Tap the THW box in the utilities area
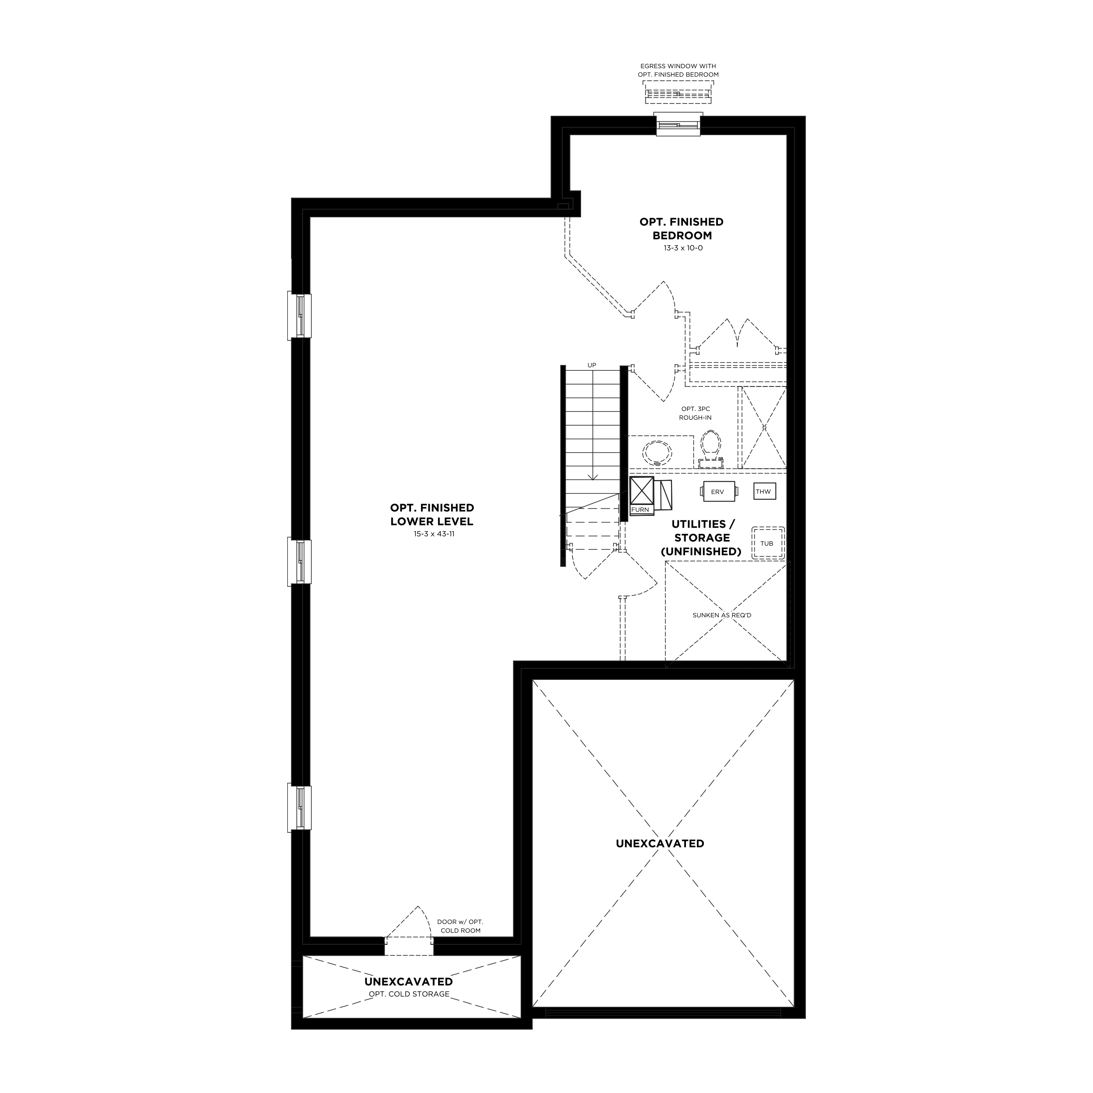[x=764, y=491]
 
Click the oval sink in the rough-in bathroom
[x=658, y=453]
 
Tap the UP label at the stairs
[x=592, y=365]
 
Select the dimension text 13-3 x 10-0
[x=683, y=248]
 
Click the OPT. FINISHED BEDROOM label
[x=682, y=229]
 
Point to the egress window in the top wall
[x=679, y=125]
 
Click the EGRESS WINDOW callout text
[x=679, y=70]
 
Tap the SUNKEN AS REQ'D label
[x=722, y=615]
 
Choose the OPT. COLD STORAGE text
[x=409, y=994]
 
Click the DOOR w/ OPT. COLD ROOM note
[x=460, y=926]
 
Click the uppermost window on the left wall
[x=300, y=316]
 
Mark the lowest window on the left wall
[x=300, y=808]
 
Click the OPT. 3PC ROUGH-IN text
[x=695, y=413]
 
